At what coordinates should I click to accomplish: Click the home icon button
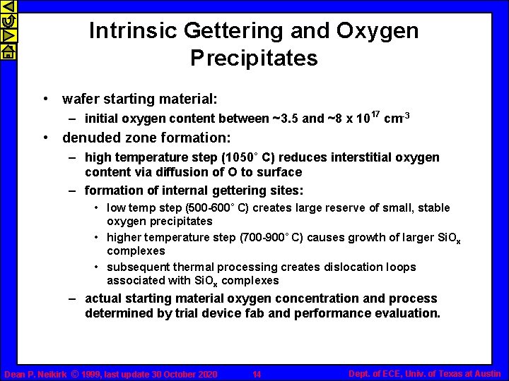pos(8,51)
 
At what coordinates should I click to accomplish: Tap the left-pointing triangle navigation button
pos(8,8)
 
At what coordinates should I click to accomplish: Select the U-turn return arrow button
pos(8,22)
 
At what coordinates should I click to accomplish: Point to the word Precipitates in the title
pos(254,58)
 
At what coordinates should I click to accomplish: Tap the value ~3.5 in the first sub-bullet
pos(285,119)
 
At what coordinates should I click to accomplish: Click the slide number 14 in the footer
pos(257,374)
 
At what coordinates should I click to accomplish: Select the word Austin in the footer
pos(487,373)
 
